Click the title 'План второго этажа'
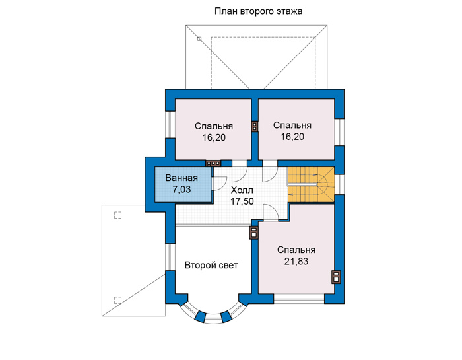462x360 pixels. point(259,11)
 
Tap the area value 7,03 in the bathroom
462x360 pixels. point(181,190)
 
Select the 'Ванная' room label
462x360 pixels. point(181,178)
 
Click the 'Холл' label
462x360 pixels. point(242,190)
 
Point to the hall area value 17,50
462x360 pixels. point(242,201)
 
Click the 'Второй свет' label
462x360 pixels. point(211,266)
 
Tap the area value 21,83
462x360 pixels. point(296,261)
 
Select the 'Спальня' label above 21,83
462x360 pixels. point(296,250)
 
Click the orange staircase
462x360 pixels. point(311,184)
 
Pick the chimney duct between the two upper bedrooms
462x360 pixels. point(255,126)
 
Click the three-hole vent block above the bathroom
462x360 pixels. point(213,163)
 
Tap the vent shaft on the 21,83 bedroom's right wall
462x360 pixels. point(336,277)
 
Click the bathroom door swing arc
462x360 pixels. point(220,184)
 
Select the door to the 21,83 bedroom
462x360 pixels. point(271,212)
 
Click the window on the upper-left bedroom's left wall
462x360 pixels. point(170,125)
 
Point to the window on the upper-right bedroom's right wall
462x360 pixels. point(339,132)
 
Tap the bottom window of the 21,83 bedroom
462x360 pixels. point(299,299)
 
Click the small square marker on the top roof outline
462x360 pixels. point(199,38)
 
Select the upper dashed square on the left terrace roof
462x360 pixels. point(117,215)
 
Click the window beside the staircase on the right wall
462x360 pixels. point(339,184)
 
